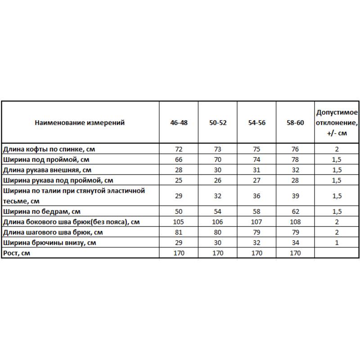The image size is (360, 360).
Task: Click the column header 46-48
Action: coord(179,122)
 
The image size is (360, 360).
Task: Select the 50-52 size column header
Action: coord(217,122)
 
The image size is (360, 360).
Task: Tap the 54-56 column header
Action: coord(256,122)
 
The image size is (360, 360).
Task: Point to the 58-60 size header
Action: coord(295,122)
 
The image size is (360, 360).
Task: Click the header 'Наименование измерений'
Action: coord(80,122)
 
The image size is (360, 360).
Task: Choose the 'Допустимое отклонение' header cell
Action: coord(337,122)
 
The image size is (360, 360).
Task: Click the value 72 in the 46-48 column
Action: coord(179,148)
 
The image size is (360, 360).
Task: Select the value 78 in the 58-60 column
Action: coord(295,159)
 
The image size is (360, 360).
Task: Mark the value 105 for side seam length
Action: coord(179,222)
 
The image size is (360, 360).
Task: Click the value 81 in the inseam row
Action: coord(179,232)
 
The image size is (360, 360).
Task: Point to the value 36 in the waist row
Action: coord(256,196)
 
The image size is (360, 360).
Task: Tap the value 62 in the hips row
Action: coord(295,211)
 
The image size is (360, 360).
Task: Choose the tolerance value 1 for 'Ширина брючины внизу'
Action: coord(337,243)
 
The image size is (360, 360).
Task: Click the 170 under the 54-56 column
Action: coord(256,253)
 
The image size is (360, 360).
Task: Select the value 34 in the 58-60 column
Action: coord(295,243)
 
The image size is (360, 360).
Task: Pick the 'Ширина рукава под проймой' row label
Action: coord(58,180)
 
